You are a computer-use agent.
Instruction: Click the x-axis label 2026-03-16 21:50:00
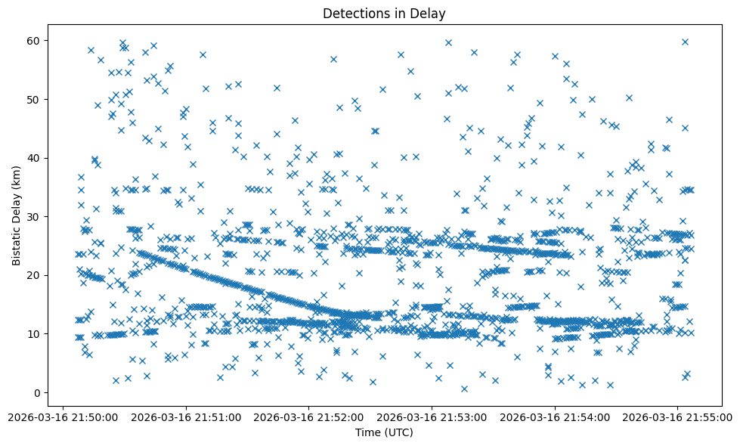(x=64, y=417)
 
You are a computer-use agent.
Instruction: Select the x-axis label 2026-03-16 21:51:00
(x=187, y=417)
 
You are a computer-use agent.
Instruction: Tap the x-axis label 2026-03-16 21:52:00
(x=309, y=417)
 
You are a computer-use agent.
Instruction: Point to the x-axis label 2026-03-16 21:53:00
(x=432, y=417)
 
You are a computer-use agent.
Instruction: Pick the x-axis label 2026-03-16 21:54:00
(x=555, y=417)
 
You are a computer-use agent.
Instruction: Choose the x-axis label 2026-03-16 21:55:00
(x=677, y=417)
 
